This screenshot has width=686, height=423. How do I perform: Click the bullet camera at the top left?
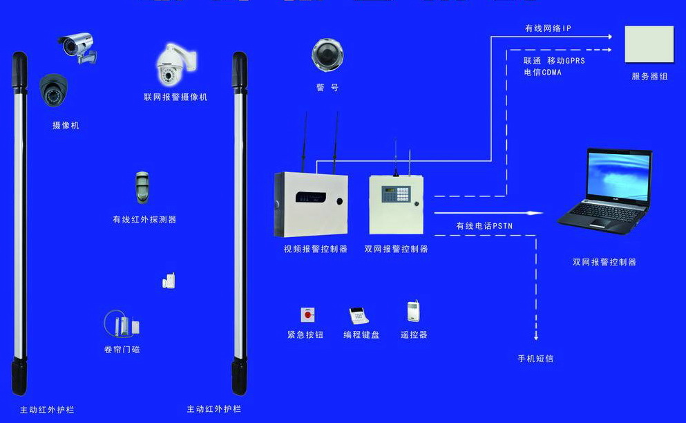click(x=77, y=47)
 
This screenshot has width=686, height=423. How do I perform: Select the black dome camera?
click(x=52, y=90)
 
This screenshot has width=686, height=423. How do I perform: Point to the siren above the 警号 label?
click(x=326, y=55)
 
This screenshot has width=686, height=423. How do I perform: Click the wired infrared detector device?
click(x=142, y=187)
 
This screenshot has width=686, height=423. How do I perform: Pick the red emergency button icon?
click(x=307, y=315)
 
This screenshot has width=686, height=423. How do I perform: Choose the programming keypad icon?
click(x=359, y=316)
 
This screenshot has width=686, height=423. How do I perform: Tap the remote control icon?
click(x=413, y=312)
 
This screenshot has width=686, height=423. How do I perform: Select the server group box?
click(x=649, y=46)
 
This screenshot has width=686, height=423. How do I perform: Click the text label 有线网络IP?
click(x=547, y=28)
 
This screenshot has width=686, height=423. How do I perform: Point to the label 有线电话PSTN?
click(x=484, y=225)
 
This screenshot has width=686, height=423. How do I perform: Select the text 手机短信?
click(x=535, y=359)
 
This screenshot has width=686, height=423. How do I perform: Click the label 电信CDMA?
click(x=542, y=72)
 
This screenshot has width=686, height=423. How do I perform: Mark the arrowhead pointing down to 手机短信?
click(x=535, y=337)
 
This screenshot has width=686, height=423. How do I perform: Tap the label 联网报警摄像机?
click(x=175, y=97)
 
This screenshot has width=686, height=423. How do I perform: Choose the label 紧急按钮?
click(x=305, y=335)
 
